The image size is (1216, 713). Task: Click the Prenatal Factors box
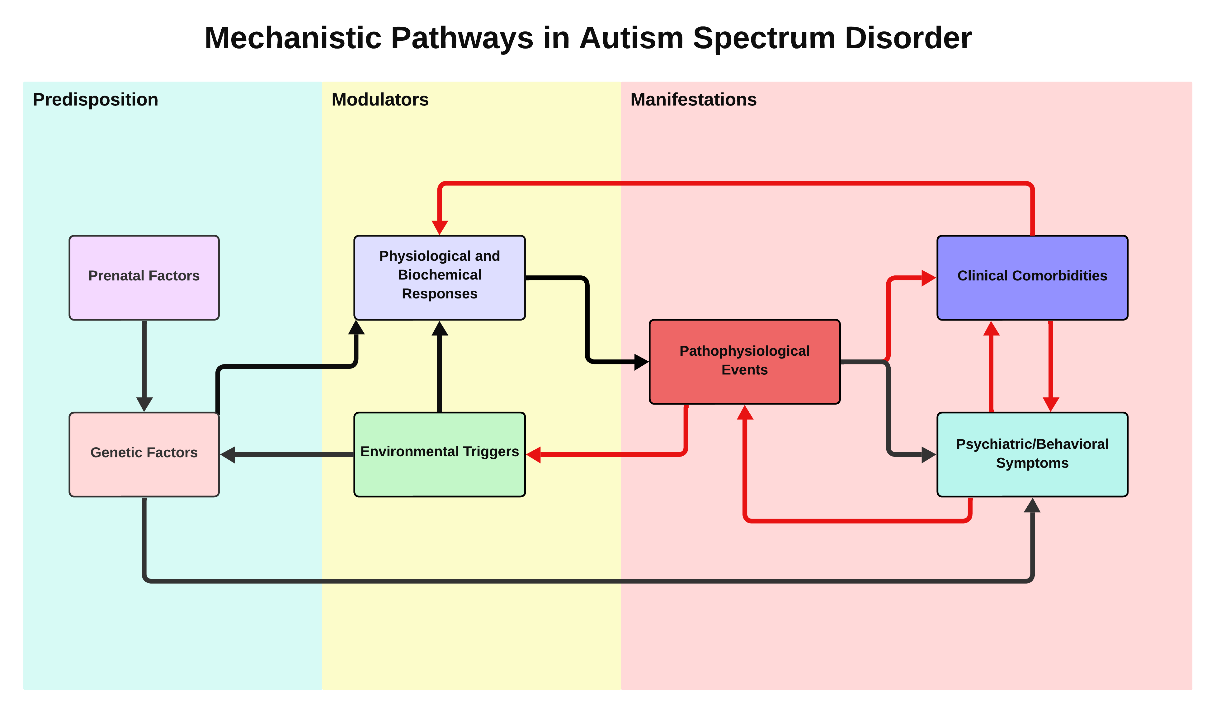tap(144, 277)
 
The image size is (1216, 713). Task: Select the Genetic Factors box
tap(144, 454)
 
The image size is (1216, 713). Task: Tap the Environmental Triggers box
tap(439, 454)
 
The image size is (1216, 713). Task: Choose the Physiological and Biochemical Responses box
tap(439, 277)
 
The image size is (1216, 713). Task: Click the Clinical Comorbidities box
tap(1032, 277)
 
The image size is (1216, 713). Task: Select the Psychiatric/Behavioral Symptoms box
tap(1032, 454)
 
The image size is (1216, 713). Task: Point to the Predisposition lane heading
tap(95, 99)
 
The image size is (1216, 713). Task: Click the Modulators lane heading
tap(380, 99)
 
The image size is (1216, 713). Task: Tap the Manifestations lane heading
tap(693, 99)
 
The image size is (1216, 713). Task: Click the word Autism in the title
tap(631, 38)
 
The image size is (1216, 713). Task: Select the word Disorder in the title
tap(908, 38)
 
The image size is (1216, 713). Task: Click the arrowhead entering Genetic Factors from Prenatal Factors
tap(144, 404)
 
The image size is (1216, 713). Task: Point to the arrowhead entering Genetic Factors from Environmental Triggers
tap(228, 454)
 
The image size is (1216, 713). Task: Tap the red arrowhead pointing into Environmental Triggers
tap(534, 454)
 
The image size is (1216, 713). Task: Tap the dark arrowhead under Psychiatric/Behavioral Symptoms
tap(1032, 505)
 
